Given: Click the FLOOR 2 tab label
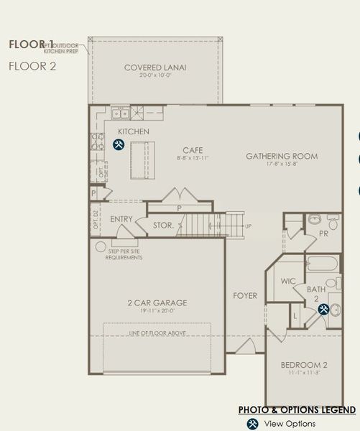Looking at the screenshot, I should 32,66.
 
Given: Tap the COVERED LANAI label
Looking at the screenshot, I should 155,68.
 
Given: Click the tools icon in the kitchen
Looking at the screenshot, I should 119,144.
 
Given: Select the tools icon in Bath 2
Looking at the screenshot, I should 323,310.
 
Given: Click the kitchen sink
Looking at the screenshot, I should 119,113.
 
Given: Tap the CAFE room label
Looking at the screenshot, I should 193,150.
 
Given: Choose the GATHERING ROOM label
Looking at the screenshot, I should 281,156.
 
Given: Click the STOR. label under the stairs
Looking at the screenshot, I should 163,226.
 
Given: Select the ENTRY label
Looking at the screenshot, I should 121,219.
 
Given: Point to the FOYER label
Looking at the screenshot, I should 245,295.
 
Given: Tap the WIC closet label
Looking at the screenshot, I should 288,281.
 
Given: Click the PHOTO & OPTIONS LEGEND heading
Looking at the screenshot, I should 297,409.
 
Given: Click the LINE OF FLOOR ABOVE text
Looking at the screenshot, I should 157,333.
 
